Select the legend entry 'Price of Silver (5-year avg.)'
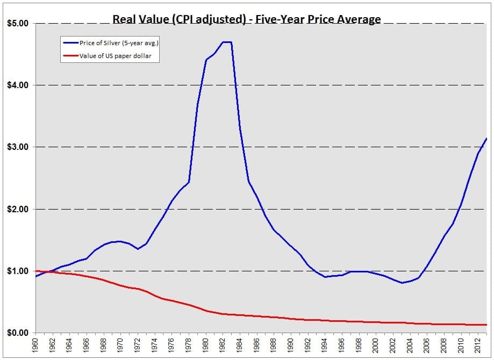pos(118,43)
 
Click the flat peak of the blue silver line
pos(227,42)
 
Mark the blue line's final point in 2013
pos(486,139)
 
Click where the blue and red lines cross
pos(50,272)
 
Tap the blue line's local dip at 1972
pos(138,249)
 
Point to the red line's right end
pos(486,325)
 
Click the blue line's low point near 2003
pos(402,283)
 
